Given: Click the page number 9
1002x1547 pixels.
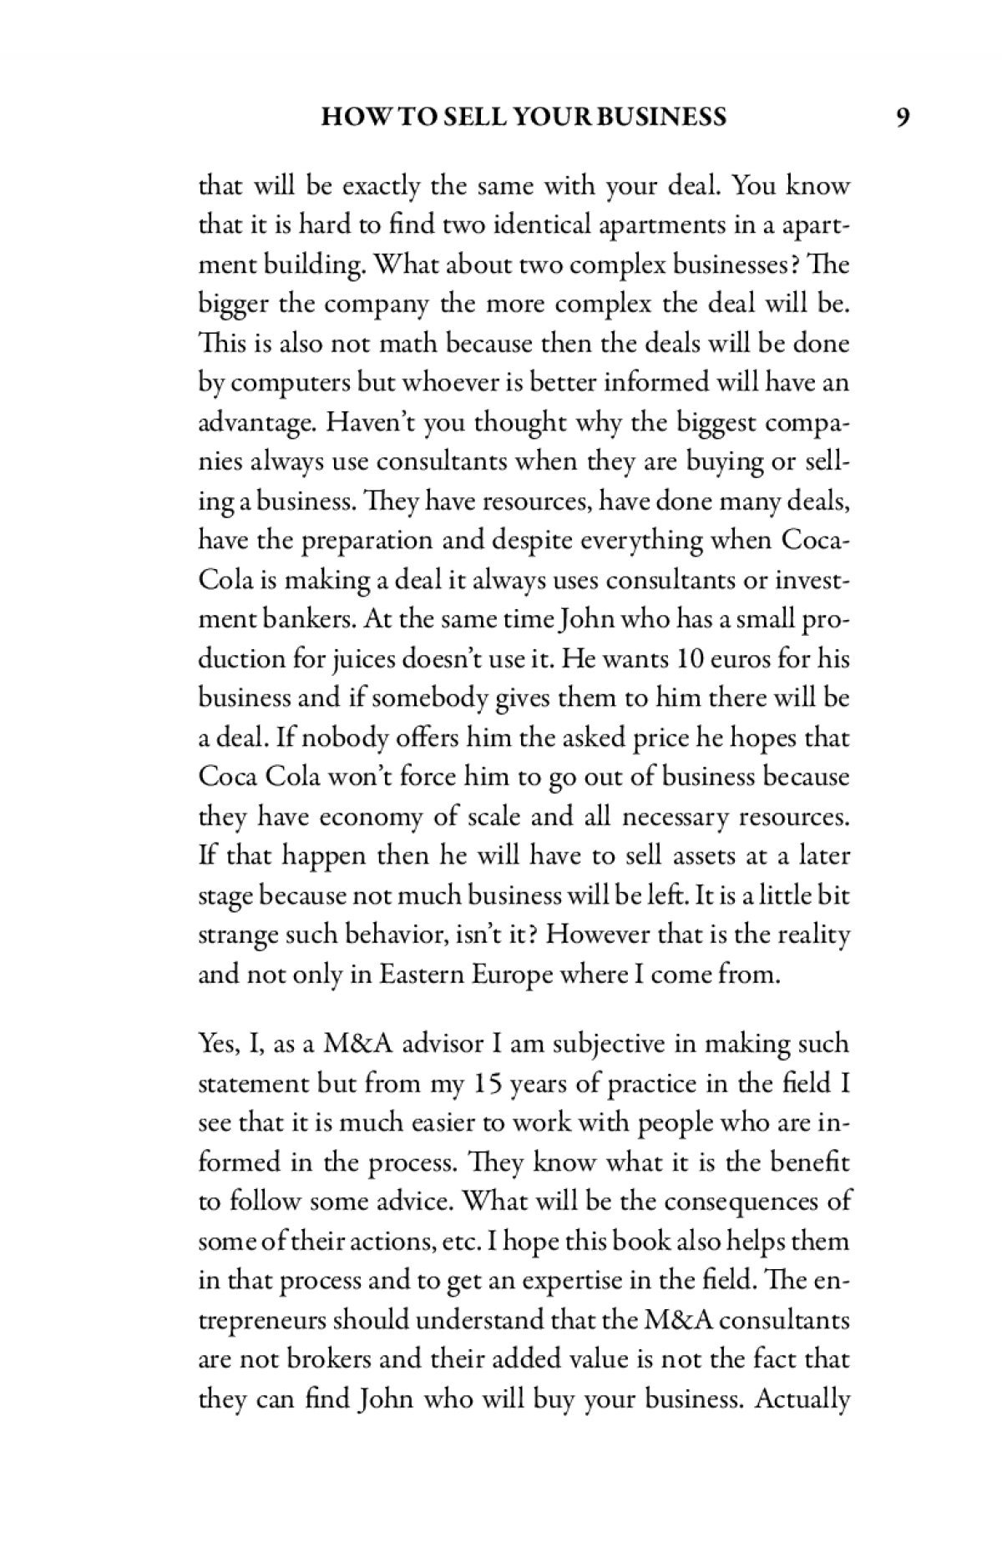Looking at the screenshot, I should (902, 117).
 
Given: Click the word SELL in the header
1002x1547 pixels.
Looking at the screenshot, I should (482, 117).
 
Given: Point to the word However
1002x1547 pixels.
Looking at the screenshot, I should (599, 934).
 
